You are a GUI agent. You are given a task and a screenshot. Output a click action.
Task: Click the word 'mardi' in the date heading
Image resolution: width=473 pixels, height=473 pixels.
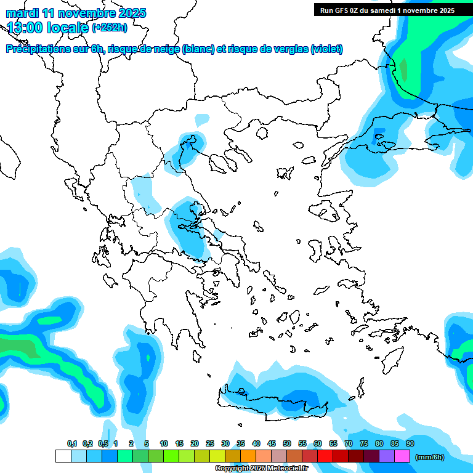tap(22, 13)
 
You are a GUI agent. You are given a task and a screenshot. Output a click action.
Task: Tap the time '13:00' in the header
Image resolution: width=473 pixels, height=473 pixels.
tap(26, 27)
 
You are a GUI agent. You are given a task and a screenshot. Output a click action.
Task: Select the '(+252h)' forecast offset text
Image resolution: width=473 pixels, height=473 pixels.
tap(110, 27)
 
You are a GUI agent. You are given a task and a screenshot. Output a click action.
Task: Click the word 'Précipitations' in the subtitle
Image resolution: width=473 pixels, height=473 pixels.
tap(36, 49)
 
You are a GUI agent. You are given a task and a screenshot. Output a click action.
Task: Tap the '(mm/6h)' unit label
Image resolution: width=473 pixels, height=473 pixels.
tap(430, 456)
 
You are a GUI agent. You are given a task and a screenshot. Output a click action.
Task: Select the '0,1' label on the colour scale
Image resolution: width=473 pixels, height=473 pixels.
tap(72, 443)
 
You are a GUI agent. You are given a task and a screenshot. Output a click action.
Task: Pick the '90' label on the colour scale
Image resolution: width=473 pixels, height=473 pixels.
tap(410, 443)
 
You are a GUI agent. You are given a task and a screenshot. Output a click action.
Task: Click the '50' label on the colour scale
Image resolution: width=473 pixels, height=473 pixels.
tap(287, 443)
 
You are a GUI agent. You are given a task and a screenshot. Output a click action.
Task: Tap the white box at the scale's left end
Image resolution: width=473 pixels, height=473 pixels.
tap(63, 456)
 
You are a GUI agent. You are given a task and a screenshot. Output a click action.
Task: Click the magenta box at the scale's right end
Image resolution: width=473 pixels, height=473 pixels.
tap(402, 456)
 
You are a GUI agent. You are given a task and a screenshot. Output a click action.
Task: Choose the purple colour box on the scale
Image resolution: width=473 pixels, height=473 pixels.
tap(387, 456)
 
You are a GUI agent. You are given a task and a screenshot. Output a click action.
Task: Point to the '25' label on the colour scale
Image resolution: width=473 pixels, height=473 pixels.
tap(210, 443)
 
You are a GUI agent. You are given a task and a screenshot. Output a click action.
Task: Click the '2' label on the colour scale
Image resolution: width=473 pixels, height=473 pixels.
tap(131, 443)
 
